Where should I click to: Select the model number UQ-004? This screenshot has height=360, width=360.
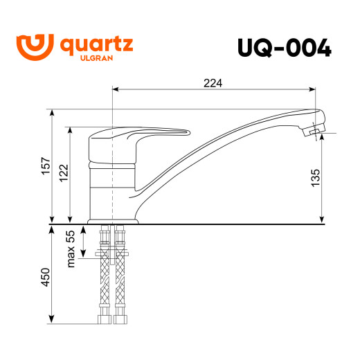click(x=284, y=48)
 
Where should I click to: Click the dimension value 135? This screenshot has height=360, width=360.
click(x=315, y=177)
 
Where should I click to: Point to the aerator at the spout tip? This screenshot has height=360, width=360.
click(x=316, y=130)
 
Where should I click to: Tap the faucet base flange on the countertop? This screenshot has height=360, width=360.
click(x=114, y=221)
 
